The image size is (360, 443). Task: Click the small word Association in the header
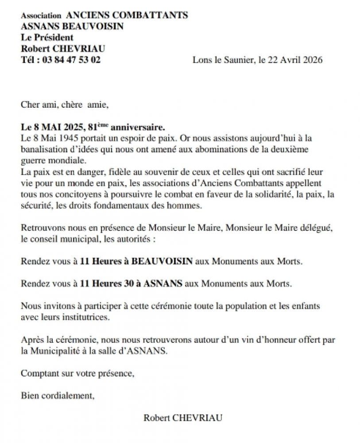click(x=39, y=16)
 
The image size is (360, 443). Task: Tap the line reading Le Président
click(x=47, y=38)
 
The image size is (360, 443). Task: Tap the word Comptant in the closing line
click(x=37, y=373)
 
